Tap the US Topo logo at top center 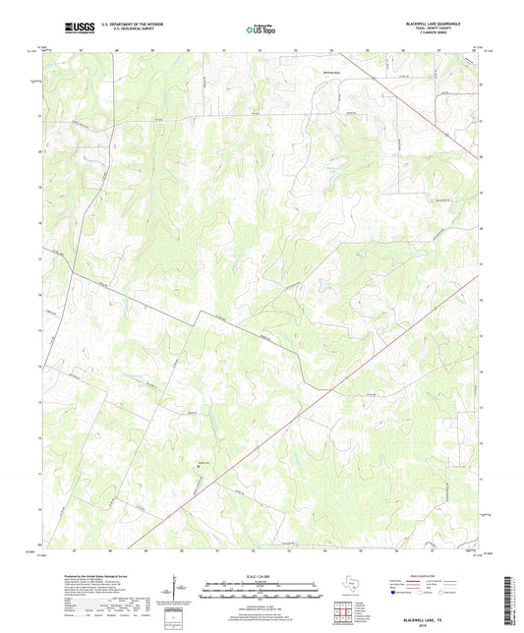(261, 29)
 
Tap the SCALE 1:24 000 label (262, 575)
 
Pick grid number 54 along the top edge (331, 47)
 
